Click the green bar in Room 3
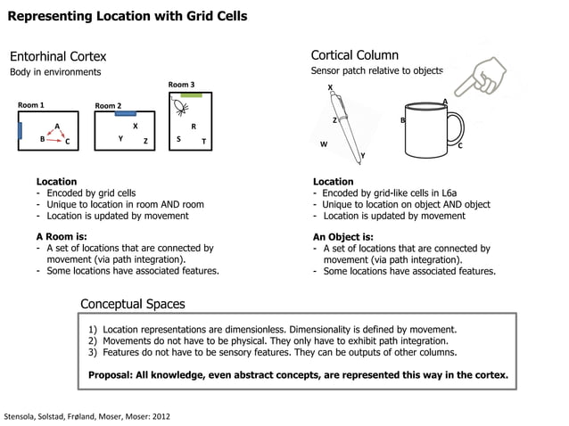point(189,94)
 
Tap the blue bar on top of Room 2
point(126,113)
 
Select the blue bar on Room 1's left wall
point(19,131)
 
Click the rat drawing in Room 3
point(180,109)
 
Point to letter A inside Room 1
point(57,126)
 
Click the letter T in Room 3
point(203,141)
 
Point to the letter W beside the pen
point(324,143)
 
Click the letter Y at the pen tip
point(362,156)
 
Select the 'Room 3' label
point(181,85)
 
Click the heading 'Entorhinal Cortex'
point(58,56)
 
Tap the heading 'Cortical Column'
point(354,55)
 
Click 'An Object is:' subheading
point(342,236)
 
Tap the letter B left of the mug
point(402,120)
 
